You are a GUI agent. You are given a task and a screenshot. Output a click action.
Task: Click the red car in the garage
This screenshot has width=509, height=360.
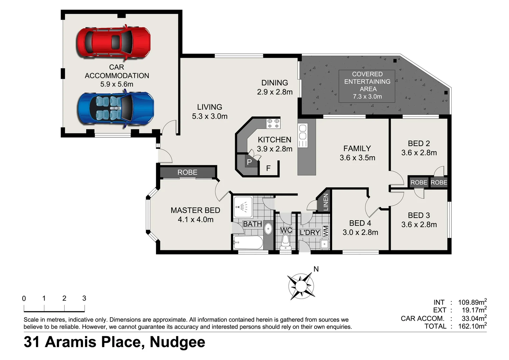[x=114, y=43]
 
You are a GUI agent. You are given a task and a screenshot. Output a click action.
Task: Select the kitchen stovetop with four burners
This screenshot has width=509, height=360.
[x=273, y=123]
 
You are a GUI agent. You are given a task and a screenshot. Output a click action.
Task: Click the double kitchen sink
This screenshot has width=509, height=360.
[x=302, y=132]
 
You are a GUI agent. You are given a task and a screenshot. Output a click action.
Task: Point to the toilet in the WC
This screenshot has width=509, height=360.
[x=285, y=241]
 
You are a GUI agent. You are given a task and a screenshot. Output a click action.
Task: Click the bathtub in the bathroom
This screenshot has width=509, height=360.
[x=248, y=242]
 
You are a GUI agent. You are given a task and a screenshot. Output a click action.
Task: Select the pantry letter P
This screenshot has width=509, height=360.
[x=249, y=163]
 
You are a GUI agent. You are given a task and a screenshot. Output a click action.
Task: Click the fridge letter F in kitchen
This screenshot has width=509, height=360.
[x=268, y=169]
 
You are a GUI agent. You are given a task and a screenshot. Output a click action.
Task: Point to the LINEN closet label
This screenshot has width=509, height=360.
[x=325, y=202]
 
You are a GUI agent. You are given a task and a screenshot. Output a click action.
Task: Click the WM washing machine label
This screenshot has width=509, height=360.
[x=325, y=231]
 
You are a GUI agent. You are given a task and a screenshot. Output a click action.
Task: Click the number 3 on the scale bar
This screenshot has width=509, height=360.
[x=84, y=298]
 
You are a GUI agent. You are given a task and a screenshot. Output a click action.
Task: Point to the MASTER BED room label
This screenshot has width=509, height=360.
[x=195, y=210]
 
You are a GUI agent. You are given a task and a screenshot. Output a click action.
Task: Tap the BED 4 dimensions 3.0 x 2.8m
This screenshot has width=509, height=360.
[x=360, y=233]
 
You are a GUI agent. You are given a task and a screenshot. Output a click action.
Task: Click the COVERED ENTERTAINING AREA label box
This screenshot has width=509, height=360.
[x=367, y=86]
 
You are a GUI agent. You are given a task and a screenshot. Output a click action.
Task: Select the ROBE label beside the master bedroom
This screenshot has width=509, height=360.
[x=187, y=172]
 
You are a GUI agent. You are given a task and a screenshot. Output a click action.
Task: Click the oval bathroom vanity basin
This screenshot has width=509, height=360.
[x=268, y=229]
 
